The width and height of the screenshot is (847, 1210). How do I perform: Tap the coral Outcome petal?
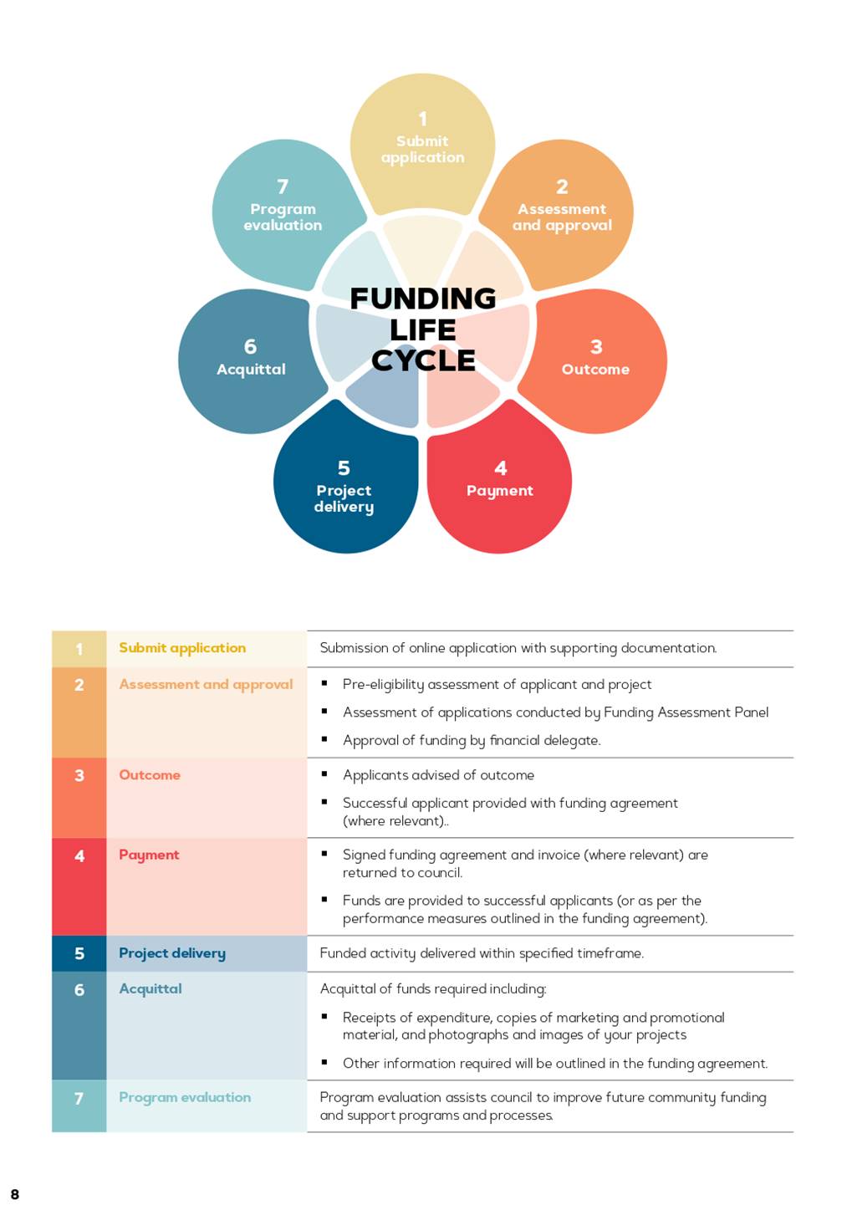[594, 360]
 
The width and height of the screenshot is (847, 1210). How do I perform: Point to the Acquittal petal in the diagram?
[251, 360]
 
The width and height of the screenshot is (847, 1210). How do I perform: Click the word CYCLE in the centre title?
[423, 360]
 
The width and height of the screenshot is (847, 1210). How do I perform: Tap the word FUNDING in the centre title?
[423, 299]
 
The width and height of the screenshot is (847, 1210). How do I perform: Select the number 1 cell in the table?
[79, 649]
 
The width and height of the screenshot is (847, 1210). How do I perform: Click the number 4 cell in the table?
[79, 886]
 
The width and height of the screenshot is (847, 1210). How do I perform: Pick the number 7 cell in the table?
[79, 1105]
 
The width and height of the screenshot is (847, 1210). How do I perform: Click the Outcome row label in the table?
[150, 774]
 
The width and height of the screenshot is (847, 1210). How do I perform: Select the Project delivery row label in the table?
[171, 953]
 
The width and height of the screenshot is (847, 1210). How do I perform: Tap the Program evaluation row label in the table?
[185, 1097]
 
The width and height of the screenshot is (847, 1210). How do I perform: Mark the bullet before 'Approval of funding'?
[324, 738]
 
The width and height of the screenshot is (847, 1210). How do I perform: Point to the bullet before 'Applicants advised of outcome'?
[324, 773]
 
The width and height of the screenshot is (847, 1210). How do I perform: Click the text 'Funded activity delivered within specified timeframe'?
[481, 953]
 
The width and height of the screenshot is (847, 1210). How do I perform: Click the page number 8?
[14, 1194]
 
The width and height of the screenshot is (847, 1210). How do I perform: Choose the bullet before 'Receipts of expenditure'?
[324, 1016]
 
